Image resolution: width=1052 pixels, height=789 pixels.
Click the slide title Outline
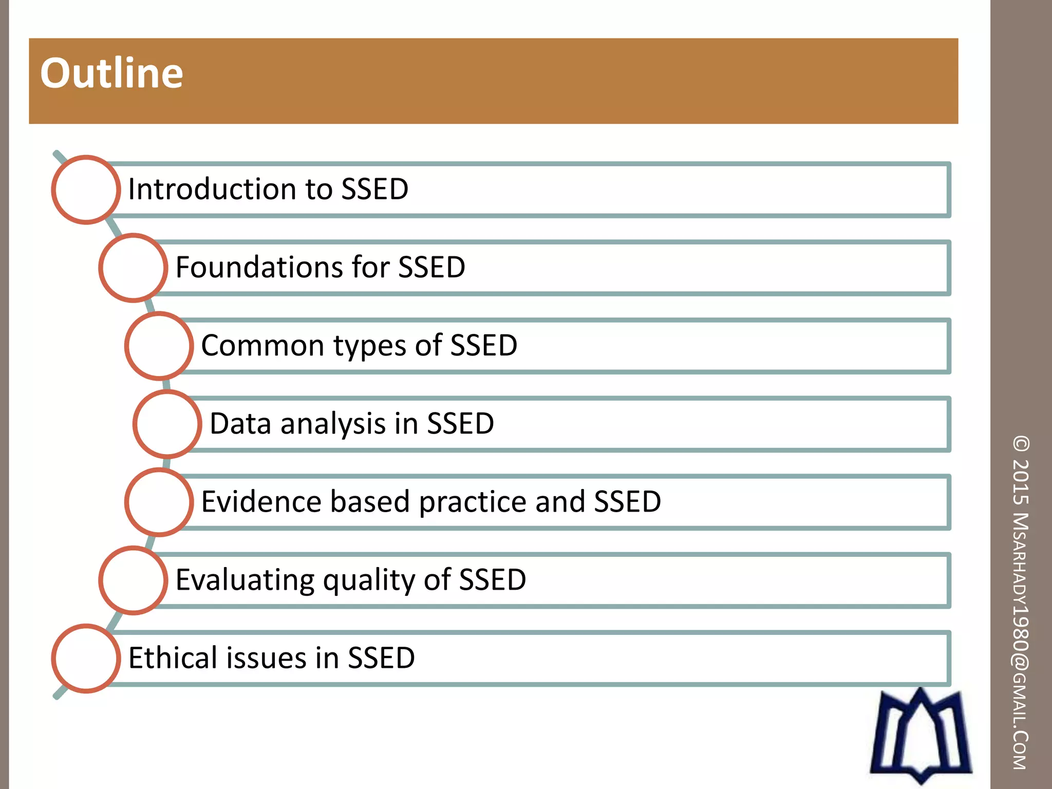[111, 73]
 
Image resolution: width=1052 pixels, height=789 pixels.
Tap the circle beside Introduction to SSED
[86, 190]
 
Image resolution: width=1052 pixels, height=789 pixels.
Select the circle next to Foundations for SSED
[133, 268]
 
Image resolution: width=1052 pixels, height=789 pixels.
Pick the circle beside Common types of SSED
[159, 346]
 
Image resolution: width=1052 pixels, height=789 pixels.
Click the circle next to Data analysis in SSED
[167, 424]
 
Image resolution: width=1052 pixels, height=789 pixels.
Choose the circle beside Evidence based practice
[159, 502]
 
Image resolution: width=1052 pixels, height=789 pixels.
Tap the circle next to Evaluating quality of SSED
[133, 580]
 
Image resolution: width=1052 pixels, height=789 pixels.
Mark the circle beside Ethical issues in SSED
[86, 658]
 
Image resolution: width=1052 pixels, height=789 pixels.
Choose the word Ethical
[172, 658]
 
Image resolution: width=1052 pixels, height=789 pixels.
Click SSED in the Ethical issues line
[381, 658]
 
